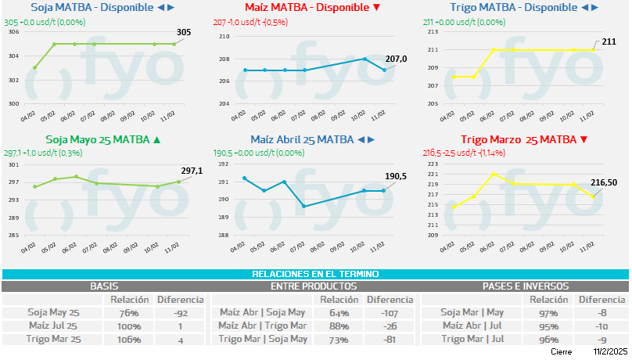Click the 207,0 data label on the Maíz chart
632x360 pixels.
point(397,58)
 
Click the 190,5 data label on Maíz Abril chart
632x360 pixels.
point(397,176)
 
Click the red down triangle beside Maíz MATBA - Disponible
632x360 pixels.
point(377,7)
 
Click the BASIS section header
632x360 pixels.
point(104,286)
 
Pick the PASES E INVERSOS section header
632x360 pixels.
point(525,286)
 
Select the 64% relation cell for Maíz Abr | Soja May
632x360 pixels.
point(338,313)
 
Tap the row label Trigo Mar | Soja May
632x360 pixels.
point(261,340)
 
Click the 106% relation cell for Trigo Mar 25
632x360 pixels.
point(129,340)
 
